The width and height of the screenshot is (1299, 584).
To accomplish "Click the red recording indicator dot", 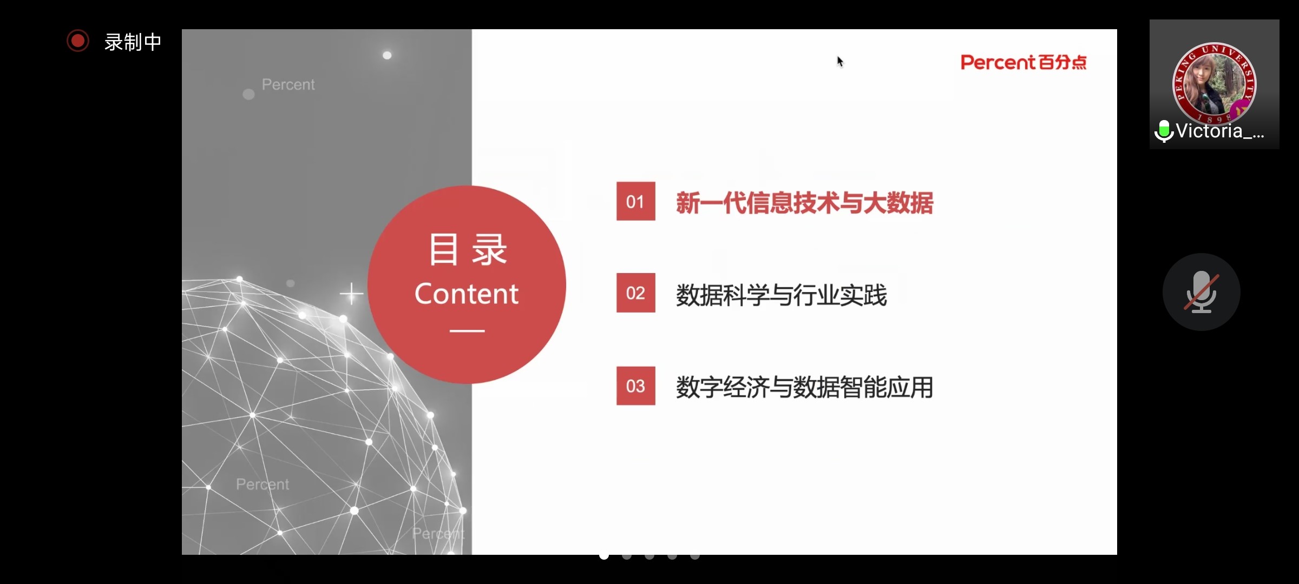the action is tap(78, 41).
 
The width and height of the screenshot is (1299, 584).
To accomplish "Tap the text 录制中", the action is tap(133, 42).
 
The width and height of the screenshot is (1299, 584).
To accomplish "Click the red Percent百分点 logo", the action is tap(1024, 63).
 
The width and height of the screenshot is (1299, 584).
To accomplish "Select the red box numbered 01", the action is tap(635, 201).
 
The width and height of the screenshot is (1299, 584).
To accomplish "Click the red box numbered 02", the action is tap(635, 293).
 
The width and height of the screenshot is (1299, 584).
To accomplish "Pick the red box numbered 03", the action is tap(635, 386).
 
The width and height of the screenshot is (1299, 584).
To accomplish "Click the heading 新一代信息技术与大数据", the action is tap(804, 203).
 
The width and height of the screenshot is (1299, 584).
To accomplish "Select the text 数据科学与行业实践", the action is tap(781, 295).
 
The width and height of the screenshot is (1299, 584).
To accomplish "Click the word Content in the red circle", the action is tap(467, 294).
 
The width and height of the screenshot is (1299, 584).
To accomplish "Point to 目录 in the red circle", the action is tap(468, 249).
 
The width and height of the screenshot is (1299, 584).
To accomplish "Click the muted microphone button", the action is tap(1201, 292).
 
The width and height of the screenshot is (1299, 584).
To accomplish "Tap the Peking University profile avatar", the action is tap(1214, 83).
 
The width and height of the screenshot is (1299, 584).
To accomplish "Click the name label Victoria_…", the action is tap(1221, 131).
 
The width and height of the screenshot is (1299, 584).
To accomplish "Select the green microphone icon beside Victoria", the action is tap(1164, 131).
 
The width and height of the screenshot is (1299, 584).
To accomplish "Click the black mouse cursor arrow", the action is tap(840, 62).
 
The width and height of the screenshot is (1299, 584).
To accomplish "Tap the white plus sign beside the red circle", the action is tap(351, 294).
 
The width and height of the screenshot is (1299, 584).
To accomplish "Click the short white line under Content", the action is tap(467, 330).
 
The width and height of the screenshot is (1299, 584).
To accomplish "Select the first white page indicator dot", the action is tap(604, 555).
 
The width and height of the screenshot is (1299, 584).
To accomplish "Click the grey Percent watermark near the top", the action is tap(288, 85).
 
